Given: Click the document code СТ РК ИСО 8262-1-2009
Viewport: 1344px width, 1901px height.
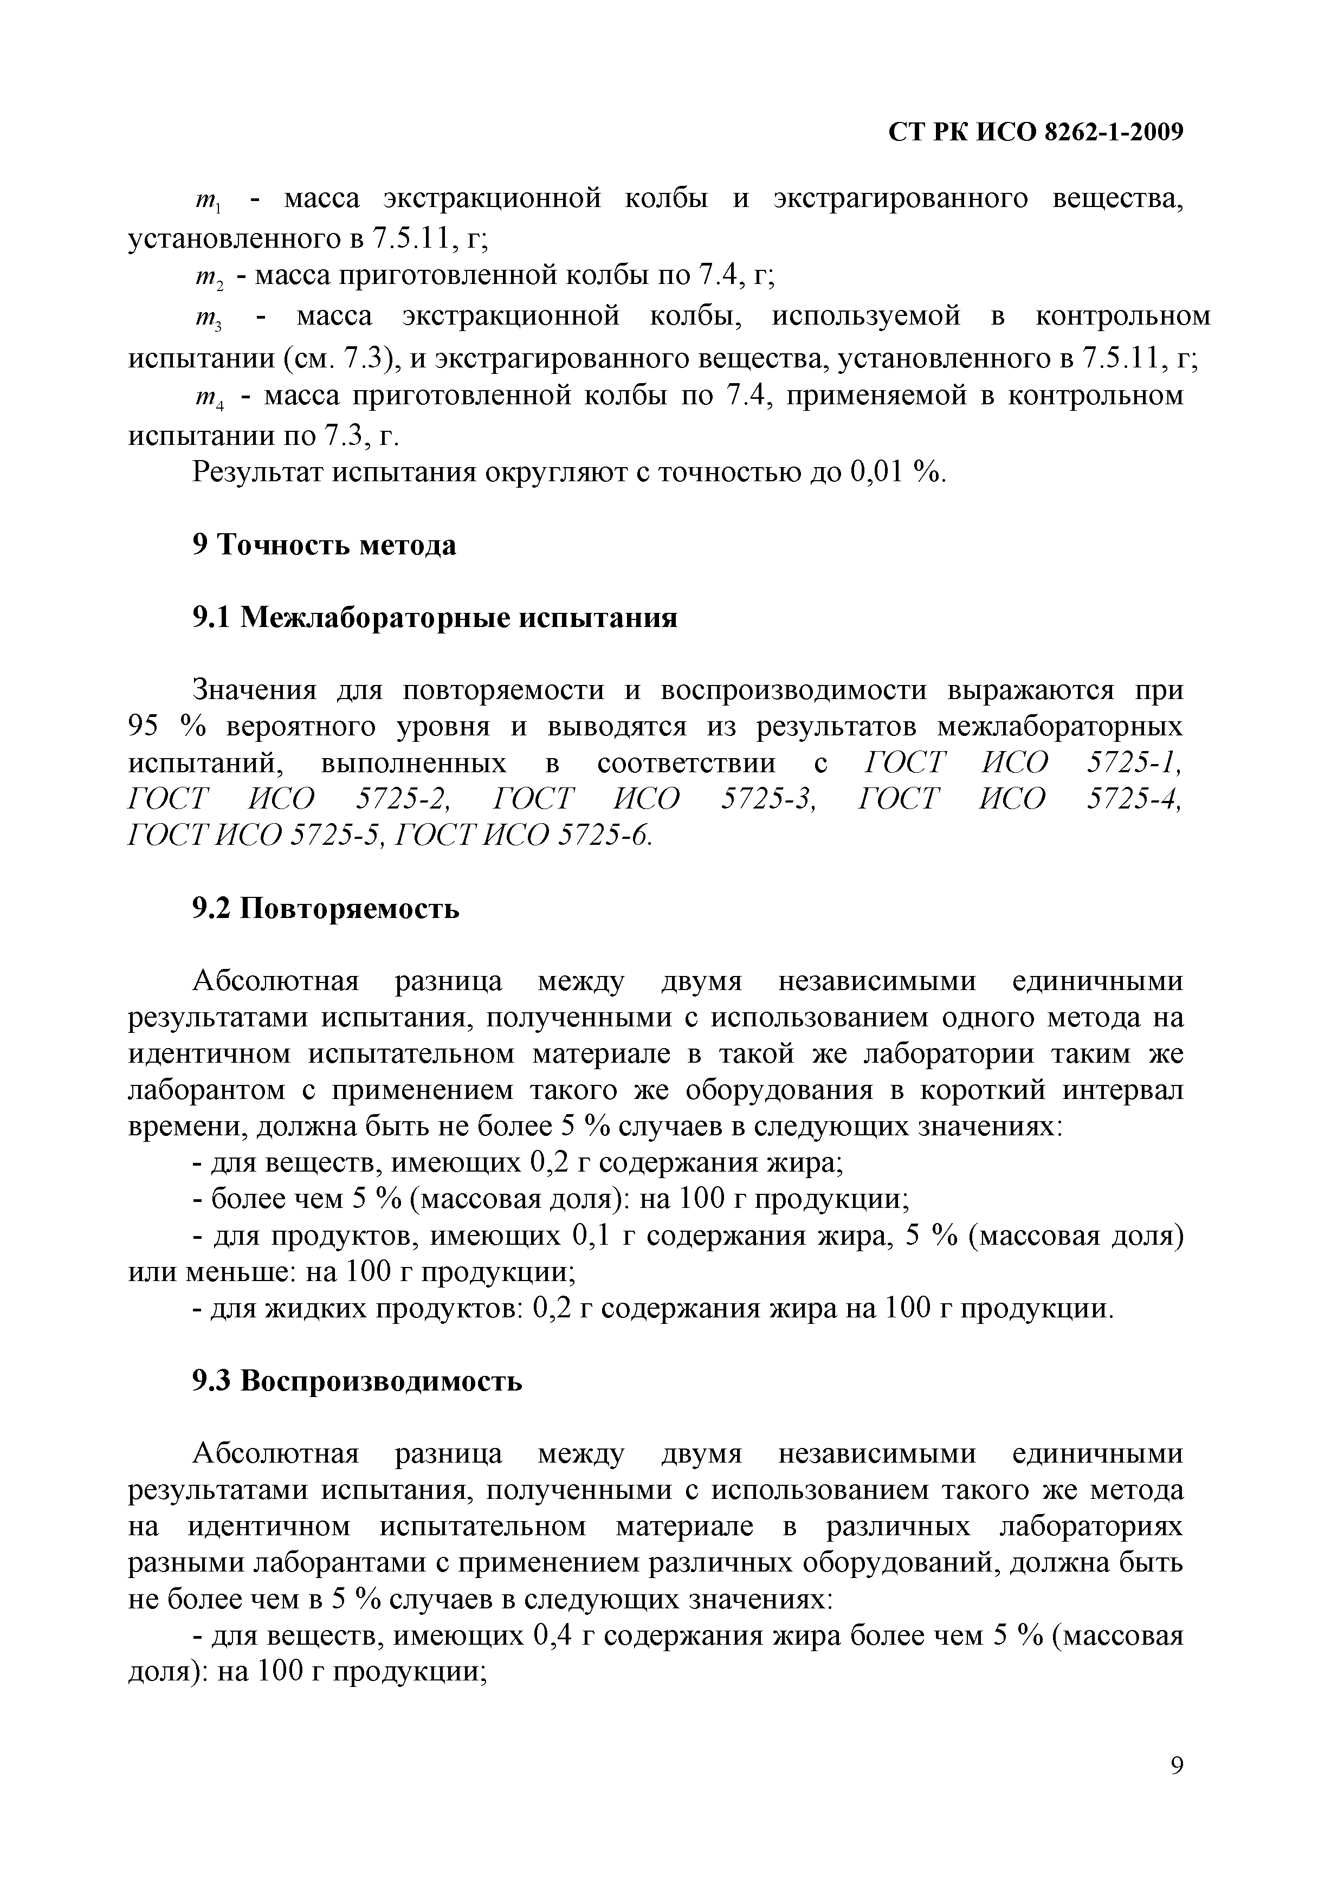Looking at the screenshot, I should click(1035, 132).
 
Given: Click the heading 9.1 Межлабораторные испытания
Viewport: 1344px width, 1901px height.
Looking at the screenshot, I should click(435, 618).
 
